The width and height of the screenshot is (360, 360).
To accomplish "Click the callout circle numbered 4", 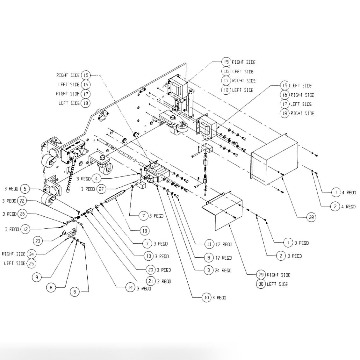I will point(97,178).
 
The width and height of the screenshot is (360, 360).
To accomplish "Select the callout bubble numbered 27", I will point(101,189).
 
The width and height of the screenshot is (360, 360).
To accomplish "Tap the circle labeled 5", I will point(25,189).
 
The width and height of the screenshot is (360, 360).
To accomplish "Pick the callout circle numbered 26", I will point(22,214).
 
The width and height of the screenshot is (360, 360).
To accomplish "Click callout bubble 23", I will point(38,241).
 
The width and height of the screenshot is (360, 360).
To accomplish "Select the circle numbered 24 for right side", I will point(31,254).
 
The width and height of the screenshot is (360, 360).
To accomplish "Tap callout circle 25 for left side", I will point(31,263).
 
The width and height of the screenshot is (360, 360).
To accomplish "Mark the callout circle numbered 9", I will point(37,277).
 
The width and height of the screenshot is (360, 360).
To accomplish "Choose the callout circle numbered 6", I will point(75,292).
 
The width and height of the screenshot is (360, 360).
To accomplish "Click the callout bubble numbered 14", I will point(130,288).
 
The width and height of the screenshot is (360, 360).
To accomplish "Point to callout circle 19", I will point(144,231).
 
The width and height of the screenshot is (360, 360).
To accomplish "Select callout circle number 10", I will point(206,298).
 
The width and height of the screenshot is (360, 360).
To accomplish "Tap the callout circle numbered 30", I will point(261,284).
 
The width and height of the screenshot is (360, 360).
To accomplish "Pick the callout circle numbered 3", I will point(209,270).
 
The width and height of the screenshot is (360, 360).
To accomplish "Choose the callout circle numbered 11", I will point(209,244).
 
